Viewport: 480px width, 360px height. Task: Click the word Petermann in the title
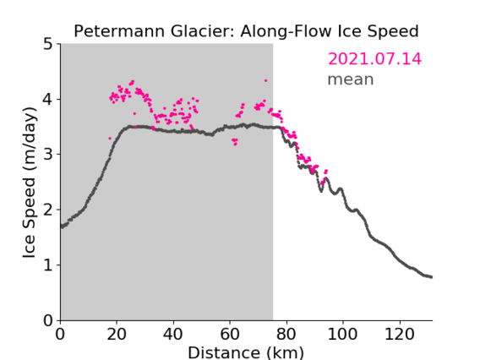[120, 31]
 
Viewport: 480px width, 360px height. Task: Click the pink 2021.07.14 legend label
[374, 59]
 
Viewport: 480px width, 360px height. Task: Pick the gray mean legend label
[351, 79]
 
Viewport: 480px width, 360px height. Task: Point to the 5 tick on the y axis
[48, 45]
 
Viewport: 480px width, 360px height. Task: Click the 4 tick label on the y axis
[48, 100]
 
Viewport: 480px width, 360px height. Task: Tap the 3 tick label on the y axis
[48, 155]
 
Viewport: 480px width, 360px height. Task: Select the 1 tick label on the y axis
[48, 265]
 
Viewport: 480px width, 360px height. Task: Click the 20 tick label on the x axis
[117, 334]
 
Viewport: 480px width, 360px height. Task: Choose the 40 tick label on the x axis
[173, 334]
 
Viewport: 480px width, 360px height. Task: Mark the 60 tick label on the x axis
[230, 334]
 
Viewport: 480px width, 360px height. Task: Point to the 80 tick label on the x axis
[286, 334]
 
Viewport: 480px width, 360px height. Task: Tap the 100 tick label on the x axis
[342, 334]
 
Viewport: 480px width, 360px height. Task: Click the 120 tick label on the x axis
[400, 334]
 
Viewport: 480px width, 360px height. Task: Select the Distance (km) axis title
[246, 353]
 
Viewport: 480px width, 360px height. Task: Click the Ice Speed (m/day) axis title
[30, 183]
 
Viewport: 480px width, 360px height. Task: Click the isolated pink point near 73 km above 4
[265, 81]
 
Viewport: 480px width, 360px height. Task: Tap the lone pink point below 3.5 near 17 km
[110, 139]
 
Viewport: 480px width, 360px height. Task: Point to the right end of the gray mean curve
[431, 277]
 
